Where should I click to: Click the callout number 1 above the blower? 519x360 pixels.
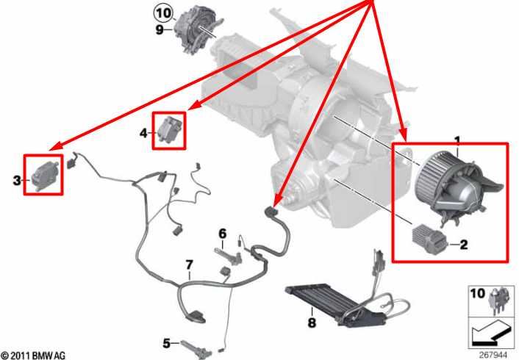coord(457,142)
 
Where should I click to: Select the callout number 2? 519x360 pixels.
coord(464,245)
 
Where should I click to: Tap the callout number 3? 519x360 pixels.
coord(17,181)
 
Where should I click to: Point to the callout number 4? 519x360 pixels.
coord(143,133)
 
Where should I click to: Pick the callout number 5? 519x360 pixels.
coord(166,343)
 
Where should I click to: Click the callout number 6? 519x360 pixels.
coord(223,234)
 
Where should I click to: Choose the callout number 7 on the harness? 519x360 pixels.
coord(189,265)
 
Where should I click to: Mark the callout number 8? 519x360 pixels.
coord(312,323)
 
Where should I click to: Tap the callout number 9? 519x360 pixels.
coord(160,30)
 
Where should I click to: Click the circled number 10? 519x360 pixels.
coord(163,13)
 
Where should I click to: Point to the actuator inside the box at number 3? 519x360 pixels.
coord(46,175)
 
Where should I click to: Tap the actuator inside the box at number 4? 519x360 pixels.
coord(170,129)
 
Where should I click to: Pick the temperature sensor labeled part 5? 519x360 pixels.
coord(196,348)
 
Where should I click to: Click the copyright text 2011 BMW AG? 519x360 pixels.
coord(33,356)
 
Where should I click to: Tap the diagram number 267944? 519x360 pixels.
coord(493,355)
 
